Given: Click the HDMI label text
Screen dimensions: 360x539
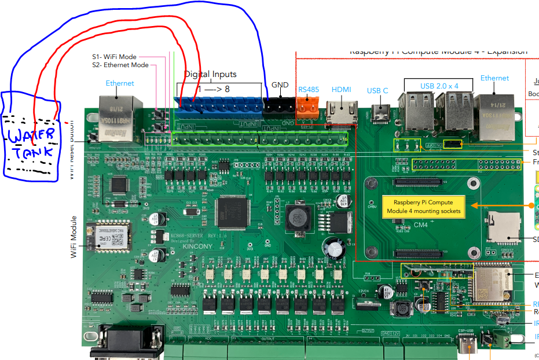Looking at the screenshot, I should point(341,90).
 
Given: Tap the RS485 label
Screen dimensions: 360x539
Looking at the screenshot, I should point(308,90).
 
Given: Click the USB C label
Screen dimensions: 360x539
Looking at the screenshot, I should point(377,90).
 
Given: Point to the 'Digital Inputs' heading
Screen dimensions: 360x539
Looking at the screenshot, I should point(210,74).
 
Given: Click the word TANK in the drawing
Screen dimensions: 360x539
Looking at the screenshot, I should point(34,152).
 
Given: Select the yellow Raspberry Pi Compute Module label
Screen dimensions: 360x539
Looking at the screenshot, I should point(423,207).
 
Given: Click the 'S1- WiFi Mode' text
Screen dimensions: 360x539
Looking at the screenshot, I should point(114,57).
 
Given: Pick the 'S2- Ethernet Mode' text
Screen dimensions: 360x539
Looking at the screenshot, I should point(120,65).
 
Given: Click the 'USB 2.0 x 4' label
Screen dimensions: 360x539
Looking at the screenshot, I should point(439,86).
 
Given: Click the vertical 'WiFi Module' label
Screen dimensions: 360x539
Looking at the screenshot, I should point(74,237).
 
